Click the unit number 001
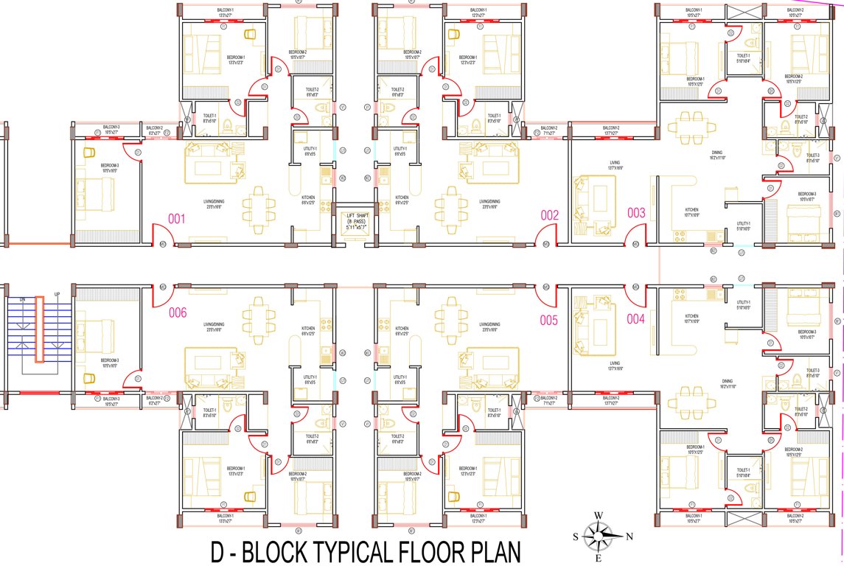click(176, 219)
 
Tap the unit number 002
click(550, 216)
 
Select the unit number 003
click(636, 213)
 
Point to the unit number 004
click(636, 319)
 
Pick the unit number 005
click(548, 321)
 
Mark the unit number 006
click(178, 312)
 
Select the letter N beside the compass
click(628, 536)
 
